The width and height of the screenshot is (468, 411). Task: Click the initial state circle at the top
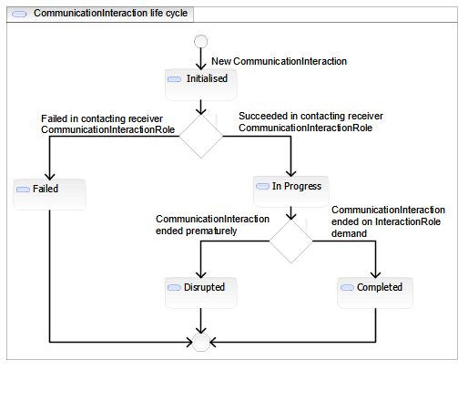(x=200, y=41)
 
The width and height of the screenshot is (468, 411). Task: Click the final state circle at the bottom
(x=200, y=343)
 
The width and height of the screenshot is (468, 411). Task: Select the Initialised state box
(x=201, y=85)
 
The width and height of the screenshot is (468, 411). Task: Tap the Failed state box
(x=49, y=194)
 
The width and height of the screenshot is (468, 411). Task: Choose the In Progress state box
(x=291, y=191)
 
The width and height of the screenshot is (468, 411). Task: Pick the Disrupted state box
(x=201, y=293)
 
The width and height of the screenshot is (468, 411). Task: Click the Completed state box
(x=375, y=293)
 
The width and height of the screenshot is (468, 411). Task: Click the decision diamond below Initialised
(x=201, y=136)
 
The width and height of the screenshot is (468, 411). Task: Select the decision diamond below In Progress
(x=291, y=241)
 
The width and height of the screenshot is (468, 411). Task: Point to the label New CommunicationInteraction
(x=279, y=61)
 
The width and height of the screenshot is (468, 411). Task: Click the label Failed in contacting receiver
(x=102, y=118)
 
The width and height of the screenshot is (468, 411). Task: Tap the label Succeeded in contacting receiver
(x=310, y=116)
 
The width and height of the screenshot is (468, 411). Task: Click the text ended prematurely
(x=197, y=231)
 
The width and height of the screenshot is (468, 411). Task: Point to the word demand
(x=349, y=233)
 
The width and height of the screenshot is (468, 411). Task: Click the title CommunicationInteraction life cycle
(x=110, y=13)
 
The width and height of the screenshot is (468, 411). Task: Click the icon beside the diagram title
(x=19, y=14)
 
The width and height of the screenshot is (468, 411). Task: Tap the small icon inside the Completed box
(x=347, y=287)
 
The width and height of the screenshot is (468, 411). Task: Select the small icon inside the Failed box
(x=23, y=190)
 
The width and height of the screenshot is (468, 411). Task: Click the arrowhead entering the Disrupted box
(x=201, y=274)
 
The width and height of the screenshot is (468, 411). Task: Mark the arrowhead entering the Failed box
(x=50, y=177)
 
